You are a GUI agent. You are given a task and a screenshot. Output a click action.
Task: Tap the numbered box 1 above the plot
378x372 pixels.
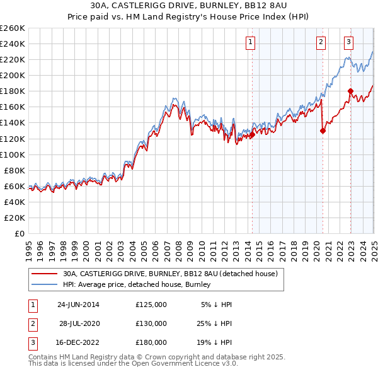(x=251, y=42)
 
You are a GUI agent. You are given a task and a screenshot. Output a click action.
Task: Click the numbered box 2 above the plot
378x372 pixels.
(x=321, y=42)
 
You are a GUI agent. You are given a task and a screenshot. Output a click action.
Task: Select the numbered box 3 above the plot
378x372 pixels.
(x=348, y=42)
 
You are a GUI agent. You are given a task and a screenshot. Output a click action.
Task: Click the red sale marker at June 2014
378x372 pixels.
(x=252, y=134)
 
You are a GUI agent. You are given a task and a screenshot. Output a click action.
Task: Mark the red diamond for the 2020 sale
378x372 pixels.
(x=323, y=131)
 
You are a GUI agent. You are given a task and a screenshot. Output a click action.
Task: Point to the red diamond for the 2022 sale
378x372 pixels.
(x=350, y=91)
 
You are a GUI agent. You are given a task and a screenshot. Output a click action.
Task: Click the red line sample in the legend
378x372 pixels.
(x=44, y=274)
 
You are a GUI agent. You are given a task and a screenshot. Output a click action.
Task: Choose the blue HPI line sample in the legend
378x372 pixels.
(x=44, y=285)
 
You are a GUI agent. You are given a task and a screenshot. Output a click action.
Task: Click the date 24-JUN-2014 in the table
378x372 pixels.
(x=78, y=305)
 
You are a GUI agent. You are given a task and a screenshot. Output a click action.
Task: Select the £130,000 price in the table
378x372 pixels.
(x=151, y=323)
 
